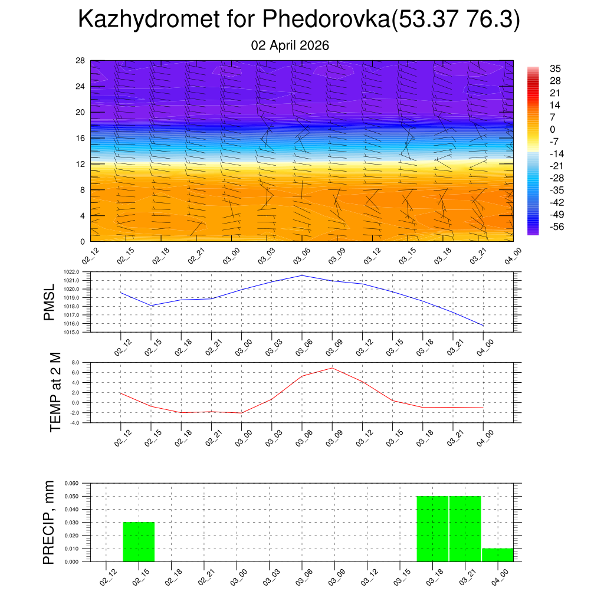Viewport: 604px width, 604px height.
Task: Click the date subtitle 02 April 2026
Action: tap(290, 45)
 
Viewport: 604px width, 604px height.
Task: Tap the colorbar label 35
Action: tap(555, 68)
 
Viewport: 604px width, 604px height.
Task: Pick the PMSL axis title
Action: tap(50, 303)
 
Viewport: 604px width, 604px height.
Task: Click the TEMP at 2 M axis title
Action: tap(55, 392)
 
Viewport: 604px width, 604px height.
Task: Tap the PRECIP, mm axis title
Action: tap(50, 523)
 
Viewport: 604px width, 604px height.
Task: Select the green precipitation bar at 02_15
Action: tap(139, 542)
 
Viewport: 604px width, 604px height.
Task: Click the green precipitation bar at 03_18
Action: tap(432, 529)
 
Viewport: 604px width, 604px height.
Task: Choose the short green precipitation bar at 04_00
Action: tap(497, 555)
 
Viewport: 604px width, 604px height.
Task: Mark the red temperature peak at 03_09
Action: tap(332, 368)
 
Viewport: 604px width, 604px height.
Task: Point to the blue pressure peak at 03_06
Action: tap(302, 275)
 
